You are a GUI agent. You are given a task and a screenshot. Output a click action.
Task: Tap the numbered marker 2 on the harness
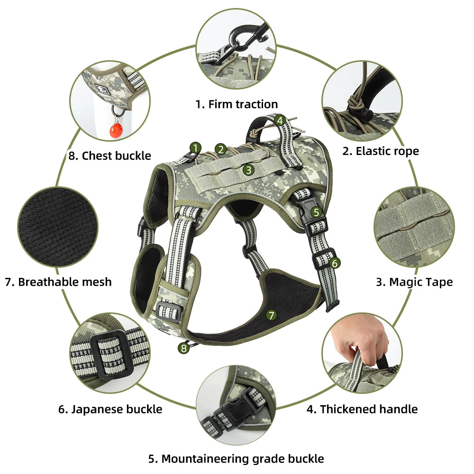(220, 149)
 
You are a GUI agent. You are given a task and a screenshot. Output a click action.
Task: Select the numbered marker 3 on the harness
(248, 169)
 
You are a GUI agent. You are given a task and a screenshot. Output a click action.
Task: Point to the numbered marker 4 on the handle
(280, 120)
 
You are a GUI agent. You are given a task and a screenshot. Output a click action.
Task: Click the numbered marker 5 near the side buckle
(317, 213)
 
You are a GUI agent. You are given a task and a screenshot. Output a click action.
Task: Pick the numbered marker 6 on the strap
(335, 262)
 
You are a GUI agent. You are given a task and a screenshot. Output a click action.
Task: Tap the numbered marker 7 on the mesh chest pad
(271, 315)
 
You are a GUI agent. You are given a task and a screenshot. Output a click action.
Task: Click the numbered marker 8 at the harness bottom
(183, 348)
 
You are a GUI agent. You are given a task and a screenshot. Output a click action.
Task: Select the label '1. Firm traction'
(237, 104)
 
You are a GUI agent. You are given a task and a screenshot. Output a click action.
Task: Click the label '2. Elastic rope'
(381, 151)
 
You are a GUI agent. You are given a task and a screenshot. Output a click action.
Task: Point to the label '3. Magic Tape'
(414, 282)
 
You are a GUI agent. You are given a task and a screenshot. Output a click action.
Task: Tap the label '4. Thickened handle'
(362, 409)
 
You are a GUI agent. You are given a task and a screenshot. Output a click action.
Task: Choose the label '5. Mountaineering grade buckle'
(236, 458)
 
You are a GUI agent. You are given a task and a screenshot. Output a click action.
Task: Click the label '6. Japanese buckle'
(110, 409)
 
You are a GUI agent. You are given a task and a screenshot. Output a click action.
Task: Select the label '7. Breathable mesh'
(58, 282)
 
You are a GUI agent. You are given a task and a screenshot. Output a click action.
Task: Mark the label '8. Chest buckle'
(110, 155)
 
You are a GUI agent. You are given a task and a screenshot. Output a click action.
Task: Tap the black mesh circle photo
(58, 223)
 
